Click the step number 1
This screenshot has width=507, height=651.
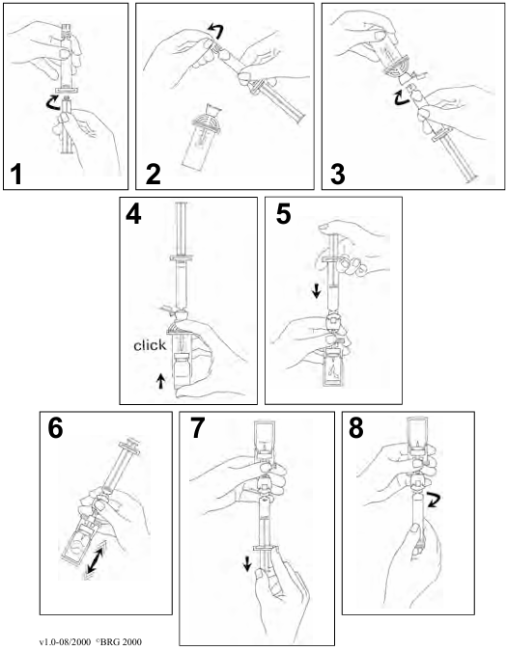(16, 175)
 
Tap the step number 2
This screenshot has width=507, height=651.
(154, 175)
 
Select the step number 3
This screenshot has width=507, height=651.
(337, 175)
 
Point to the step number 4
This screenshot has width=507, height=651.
(133, 214)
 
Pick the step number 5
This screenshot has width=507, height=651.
(283, 214)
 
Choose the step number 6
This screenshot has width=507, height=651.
(55, 428)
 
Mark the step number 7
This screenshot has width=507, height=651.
(198, 428)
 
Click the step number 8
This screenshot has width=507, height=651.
(356, 428)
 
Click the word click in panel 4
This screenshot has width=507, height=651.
(150, 345)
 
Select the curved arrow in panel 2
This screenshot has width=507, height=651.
(215, 30)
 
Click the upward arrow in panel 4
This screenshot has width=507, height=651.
(160, 381)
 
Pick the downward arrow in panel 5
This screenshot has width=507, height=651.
(317, 291)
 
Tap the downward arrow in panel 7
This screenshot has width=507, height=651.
(247, 564)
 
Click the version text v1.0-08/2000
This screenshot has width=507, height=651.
(66, 642)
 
